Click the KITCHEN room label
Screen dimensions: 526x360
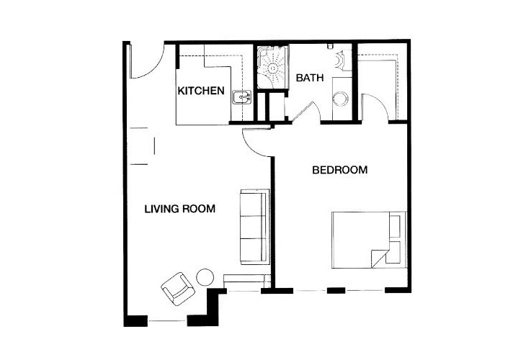coord(201,91)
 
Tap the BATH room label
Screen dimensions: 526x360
coord(310,78)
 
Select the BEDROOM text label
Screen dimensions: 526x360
coord(340,170)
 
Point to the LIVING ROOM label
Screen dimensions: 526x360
coord(180,209)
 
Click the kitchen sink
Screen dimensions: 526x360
coord(241,97)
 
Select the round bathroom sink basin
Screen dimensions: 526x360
coord(341,99)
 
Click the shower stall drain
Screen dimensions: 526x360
coord(273,68)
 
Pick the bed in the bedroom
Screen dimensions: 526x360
coord(369,240)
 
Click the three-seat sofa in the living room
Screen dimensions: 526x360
coord(255,227)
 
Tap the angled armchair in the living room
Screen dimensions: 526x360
coord(178,289)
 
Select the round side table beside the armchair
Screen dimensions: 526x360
coord(205,277)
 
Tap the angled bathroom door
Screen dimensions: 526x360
coord(302,112)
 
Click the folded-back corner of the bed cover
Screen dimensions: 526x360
coord(379,258)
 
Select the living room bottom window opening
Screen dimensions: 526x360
coord(167,321)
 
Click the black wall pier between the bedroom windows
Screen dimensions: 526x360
coord(336,290)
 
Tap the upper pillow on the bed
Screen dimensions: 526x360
coord(395,226)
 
